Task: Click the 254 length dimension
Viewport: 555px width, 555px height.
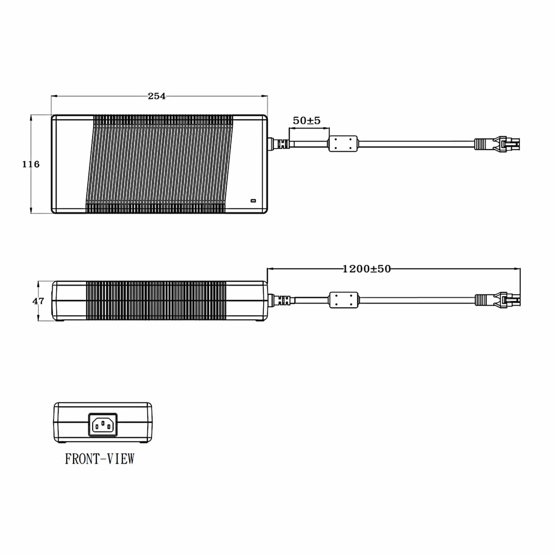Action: point(157,96)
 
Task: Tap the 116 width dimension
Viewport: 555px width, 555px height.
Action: point(31,164)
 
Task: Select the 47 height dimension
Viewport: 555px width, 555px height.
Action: point(38,301)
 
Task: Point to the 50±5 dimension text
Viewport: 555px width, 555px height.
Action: point(306,121)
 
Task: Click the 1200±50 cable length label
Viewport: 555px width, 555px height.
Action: point(367,269)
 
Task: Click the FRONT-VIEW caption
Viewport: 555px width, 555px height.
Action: point(100,459)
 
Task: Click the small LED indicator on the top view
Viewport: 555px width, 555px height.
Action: point(253,200)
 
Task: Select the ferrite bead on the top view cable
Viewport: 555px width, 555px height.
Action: point(343,144)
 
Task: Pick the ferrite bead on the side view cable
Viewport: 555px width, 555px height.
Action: point(344,300)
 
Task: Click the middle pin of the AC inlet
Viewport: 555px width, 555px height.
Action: point(103,423)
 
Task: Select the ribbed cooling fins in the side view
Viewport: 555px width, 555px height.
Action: point(156,300)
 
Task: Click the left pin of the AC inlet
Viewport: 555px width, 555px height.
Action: point(97,427)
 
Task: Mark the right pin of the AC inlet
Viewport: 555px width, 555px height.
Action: point(109,427)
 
